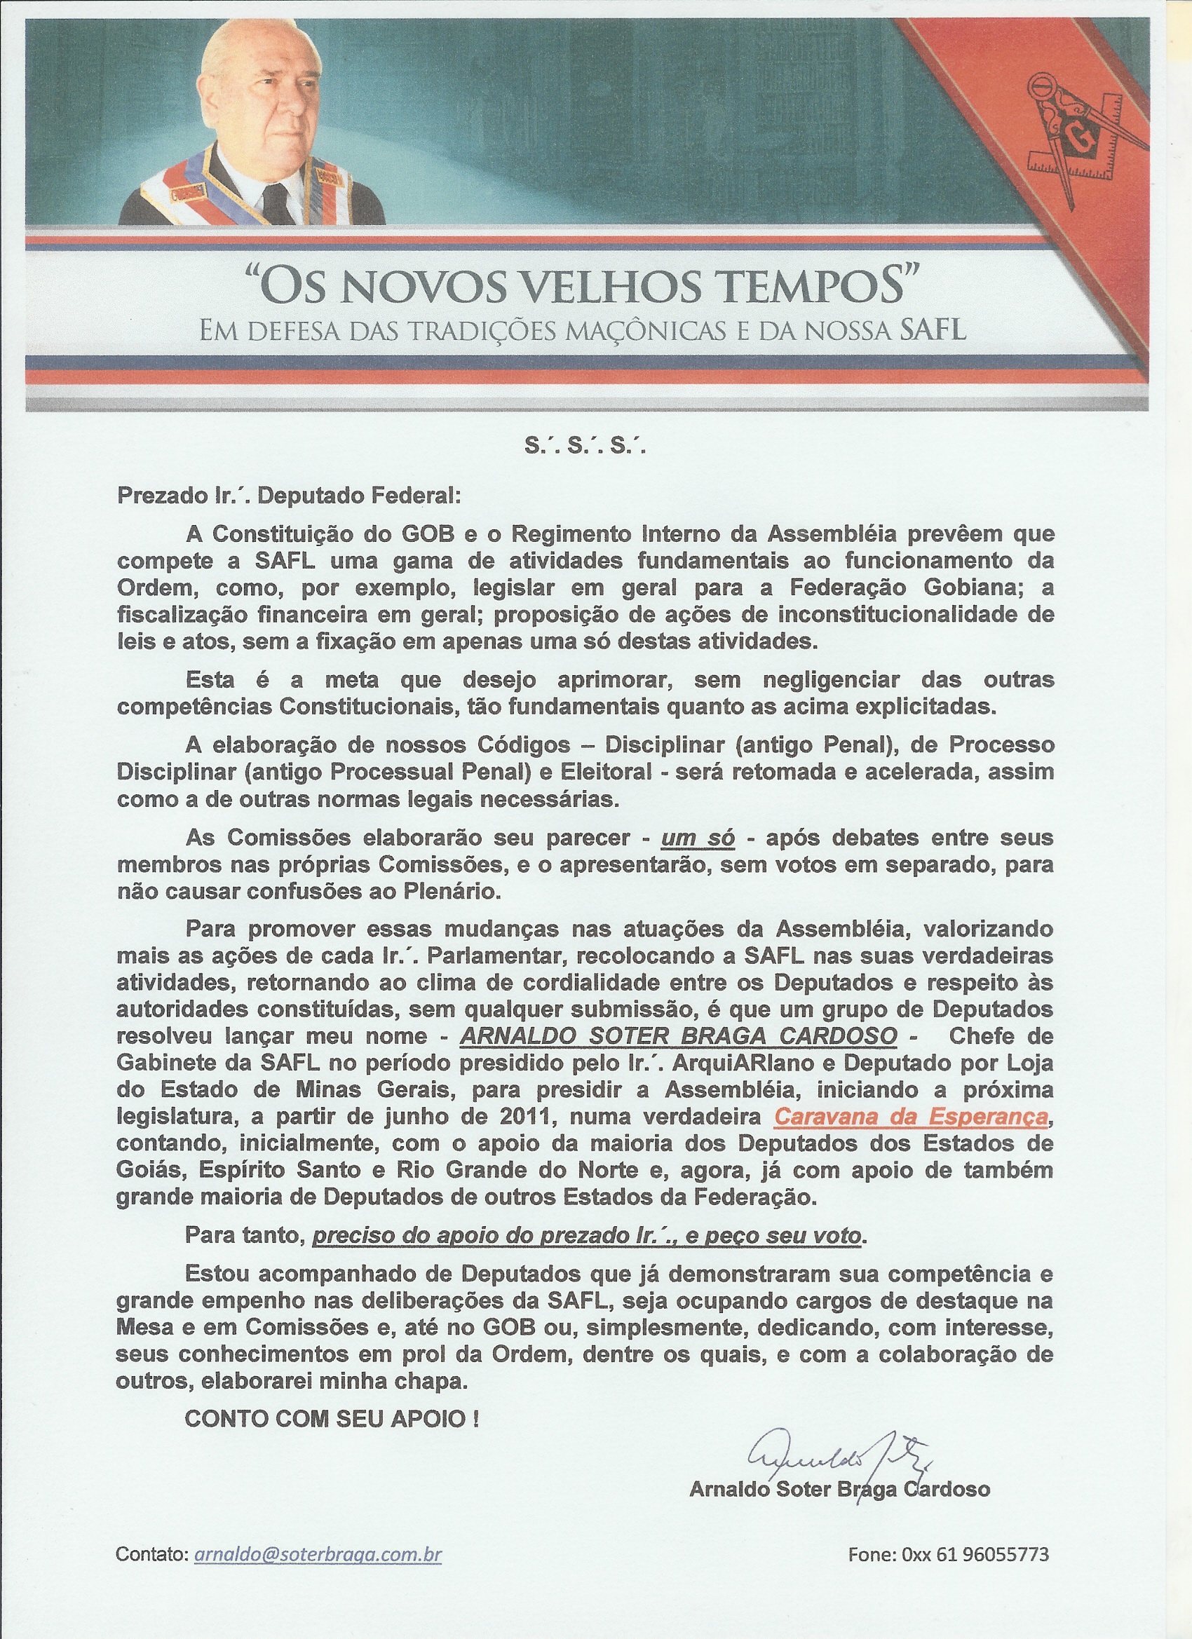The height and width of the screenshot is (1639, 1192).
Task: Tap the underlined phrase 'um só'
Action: click(x=698, y=838)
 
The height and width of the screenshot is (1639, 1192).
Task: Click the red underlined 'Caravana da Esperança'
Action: click(x=910, y=1117)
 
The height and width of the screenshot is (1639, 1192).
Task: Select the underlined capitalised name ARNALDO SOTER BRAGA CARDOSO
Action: click(x=678, y=1035)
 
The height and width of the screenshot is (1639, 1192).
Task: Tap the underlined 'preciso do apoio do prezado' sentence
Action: click(x=586, y=1236)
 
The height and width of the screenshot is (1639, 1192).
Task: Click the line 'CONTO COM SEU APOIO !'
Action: click(x=332, y=1418)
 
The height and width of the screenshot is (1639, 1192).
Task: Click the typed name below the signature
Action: click(x=839, y=1489)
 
